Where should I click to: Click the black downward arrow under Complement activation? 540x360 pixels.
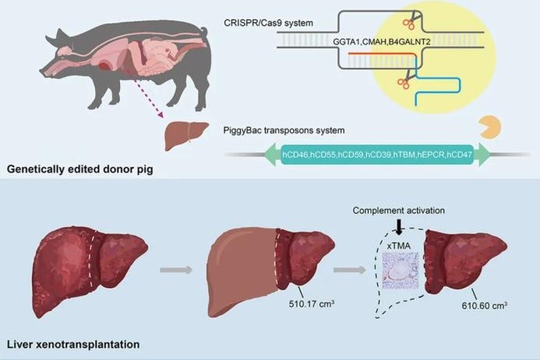(399, 227)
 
